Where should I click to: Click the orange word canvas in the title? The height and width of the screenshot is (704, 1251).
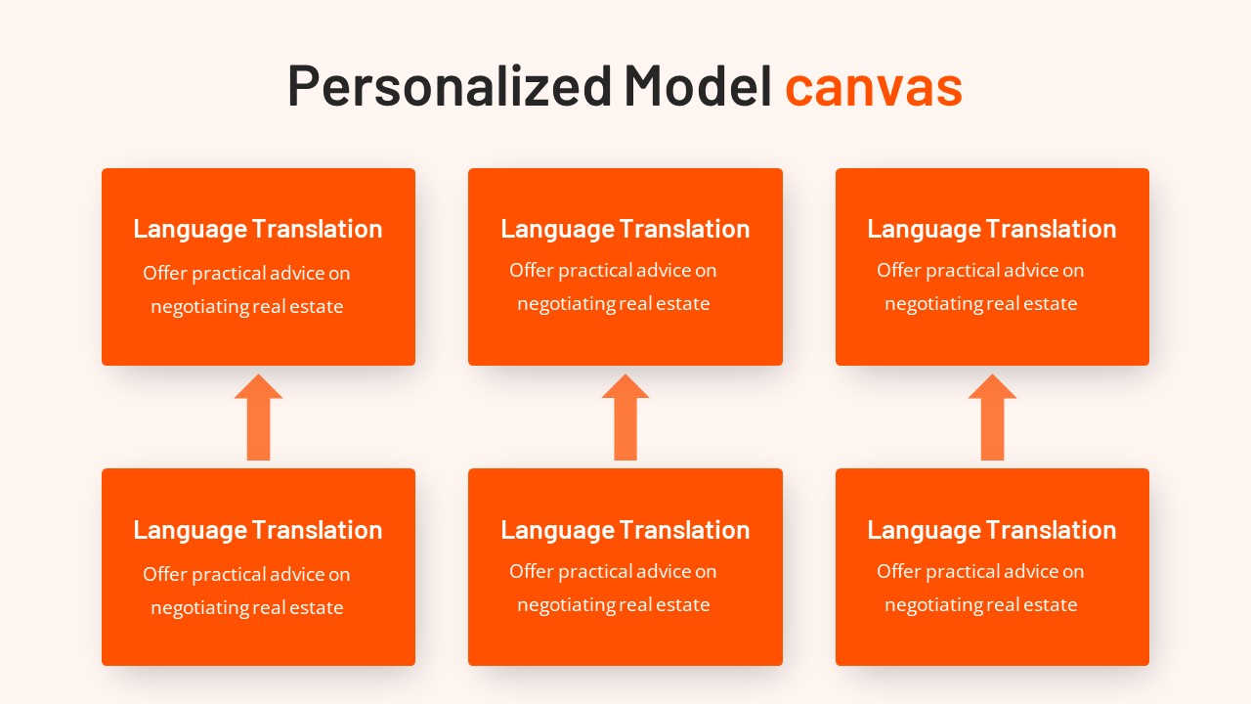tap(873, 86)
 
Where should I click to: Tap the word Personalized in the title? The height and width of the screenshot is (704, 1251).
tap(450, 86)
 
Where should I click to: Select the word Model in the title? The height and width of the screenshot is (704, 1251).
tap(698, 86)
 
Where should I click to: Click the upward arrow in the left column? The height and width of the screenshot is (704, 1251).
tap(258, 418)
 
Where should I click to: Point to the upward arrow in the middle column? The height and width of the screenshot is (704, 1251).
tap(625, 418)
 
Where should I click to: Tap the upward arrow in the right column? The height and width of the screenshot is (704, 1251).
tap(992, 418)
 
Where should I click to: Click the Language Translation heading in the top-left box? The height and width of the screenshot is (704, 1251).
tap(258, 229)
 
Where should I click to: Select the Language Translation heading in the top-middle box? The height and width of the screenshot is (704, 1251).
tap(625, 229)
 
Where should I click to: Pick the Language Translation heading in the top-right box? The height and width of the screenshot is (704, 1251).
tap(992, 229)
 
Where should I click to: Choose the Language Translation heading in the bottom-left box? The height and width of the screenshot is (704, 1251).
tap(258, 530)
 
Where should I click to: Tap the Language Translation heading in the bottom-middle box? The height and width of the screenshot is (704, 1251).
tap(625, 530)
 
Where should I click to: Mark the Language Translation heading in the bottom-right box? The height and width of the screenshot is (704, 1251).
tap(992, 530)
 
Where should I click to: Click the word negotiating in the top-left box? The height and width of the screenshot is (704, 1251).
tap(199, 307)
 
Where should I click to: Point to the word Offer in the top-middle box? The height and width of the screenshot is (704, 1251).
tap(531, 270)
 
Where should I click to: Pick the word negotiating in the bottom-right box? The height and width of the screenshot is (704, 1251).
tap(933, 605)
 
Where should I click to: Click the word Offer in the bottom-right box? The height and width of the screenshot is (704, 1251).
tap(898, 571)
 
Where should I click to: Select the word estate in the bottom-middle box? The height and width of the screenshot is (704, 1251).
tap(682, 605)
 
